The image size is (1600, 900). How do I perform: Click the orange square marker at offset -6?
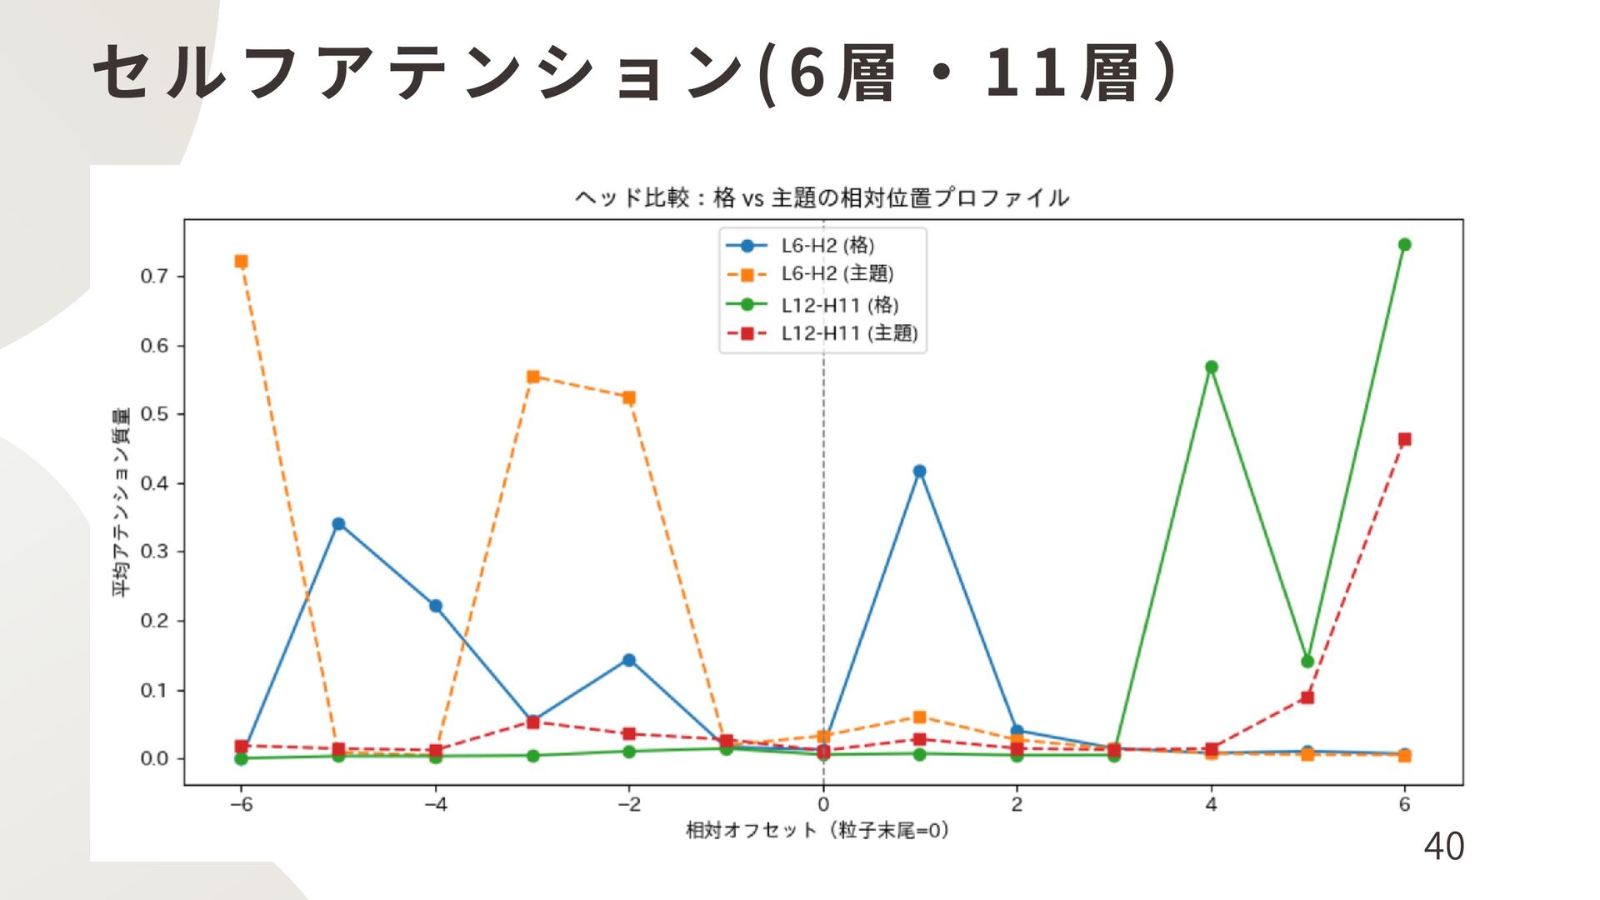click(x=241, y=262)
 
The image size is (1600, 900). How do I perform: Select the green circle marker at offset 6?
click(x=1404, y=245)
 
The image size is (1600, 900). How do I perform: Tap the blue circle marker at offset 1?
click(x=919, y=472)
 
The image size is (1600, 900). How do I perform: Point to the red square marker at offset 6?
click(x=1404, y=440)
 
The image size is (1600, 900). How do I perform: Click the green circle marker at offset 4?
click(x=1211, y=367)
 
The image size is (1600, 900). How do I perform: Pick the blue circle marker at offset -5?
click(x=338, y=524)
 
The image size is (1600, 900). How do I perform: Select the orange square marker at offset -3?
click(x=532, y=377)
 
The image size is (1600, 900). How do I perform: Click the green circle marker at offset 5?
click(x=1307, y=662)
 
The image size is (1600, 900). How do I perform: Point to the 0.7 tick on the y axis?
click(x=154, y=277)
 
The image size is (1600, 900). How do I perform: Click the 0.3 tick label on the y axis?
click(x=154, y=552)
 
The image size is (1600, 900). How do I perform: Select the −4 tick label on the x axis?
click(x=435, y=805)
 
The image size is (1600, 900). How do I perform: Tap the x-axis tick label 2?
click(x=1016, y=805)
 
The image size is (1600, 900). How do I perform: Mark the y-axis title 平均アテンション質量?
click(x=122, y=502)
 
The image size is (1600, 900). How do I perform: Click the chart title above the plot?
click(x=822, y=198)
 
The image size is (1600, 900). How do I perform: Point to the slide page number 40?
click(x=1443, y=847)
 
